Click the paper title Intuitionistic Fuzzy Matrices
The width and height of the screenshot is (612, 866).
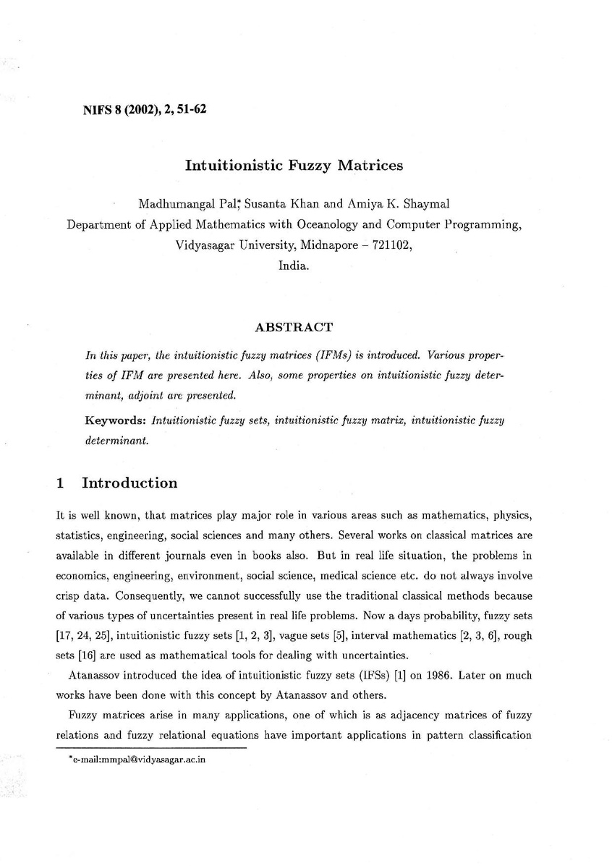pyautogui.click(x=294, y=166)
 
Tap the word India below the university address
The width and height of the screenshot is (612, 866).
pyautogui.click(x=294, y=265)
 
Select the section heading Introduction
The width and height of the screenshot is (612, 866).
pyautogui.click(x=129, y=483)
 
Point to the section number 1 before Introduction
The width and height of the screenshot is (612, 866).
pyautogui.click(x=60, y=483)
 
